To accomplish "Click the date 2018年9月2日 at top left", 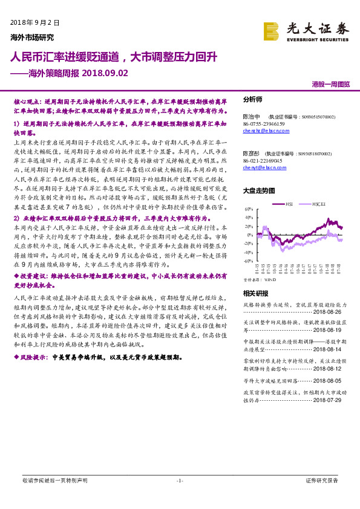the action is [x=36, y=22].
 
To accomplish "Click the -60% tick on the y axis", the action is [x=247, y=261].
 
